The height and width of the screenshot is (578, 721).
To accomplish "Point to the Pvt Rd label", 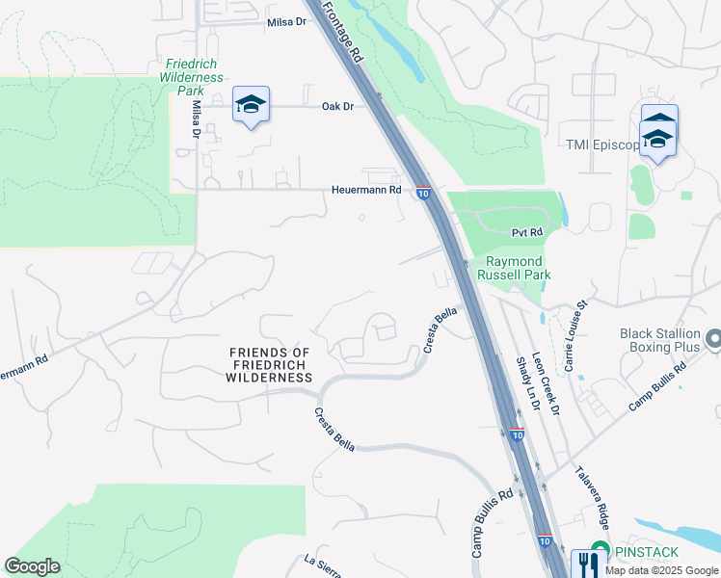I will coord(527,232).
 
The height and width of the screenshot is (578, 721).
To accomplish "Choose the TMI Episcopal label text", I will coord(603,145).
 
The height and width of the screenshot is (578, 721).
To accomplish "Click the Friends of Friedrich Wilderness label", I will coord(269,365).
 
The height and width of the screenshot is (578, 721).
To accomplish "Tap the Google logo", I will coord(33,566).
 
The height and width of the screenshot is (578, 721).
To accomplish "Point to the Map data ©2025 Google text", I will coord(661,570).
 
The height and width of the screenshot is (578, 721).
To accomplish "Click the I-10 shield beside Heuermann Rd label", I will coord(423,193).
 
